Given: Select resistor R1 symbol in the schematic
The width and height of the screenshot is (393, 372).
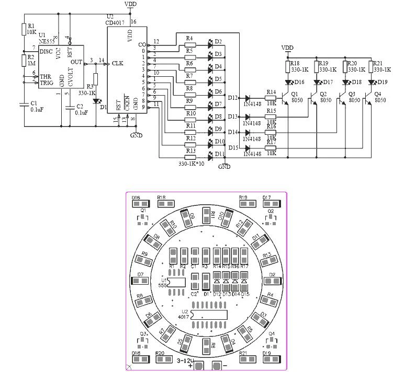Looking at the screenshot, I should (x=23, y=29).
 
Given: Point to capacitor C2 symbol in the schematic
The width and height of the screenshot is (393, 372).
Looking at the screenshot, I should (x=69, y=107).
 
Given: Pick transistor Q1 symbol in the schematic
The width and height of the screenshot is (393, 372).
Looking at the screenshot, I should (x=285, y=98).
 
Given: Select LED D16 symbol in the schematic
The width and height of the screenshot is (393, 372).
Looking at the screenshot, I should (x=288, y=82).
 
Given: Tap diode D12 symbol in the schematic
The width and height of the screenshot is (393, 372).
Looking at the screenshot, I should (x=248, y=98).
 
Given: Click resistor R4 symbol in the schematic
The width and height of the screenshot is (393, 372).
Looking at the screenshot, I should (x=190, y=45).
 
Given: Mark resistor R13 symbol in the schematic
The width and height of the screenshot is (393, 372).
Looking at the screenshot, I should (x=190, y=156).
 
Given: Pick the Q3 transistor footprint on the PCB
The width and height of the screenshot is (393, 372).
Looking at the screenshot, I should (x=142, y=342).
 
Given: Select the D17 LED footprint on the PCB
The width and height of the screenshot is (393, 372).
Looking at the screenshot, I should (x=266, y=205).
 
